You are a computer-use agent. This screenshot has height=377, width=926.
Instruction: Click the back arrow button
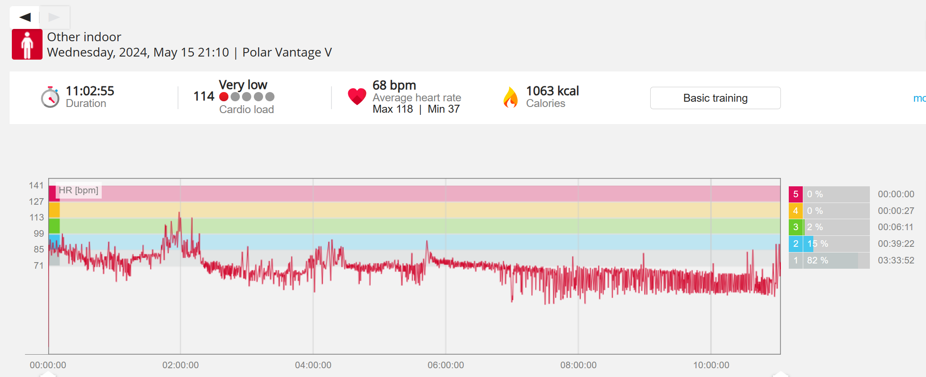25,17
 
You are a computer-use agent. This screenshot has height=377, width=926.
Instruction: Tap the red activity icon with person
27,44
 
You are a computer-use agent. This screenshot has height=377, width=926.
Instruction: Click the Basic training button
715,98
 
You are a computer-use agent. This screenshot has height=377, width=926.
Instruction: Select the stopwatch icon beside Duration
50,97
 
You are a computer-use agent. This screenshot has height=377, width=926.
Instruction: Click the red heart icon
357,96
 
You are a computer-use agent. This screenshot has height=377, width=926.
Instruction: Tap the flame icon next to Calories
510,97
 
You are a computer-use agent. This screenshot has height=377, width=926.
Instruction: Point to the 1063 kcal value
552,91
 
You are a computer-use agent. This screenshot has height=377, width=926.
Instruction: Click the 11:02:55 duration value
90,91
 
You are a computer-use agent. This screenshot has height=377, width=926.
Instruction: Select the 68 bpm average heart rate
394,85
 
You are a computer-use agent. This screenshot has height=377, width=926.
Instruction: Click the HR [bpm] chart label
78,190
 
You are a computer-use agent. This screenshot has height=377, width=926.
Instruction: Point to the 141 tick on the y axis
36,185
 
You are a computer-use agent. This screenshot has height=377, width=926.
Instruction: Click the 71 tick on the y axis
39,266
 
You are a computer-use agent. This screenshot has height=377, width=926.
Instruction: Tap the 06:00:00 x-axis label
445,365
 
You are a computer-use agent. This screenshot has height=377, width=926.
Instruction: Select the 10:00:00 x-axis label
711,365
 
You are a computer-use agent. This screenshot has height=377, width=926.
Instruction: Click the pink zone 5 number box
795,194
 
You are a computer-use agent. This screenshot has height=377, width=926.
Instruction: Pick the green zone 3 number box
795,227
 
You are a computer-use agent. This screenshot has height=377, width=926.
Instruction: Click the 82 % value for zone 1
817,260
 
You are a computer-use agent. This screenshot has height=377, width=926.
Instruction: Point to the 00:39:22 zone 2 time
896,244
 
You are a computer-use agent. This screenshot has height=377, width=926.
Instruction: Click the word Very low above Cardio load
243,85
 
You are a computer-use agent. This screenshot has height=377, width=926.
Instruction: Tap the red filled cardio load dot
224,96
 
